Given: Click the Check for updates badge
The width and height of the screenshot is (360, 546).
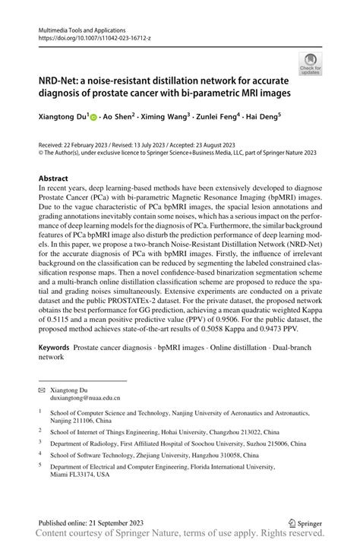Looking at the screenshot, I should [310, 64].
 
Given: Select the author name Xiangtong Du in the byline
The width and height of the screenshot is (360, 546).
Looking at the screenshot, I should [63, 118].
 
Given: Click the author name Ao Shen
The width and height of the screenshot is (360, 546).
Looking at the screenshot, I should [118, 118].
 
